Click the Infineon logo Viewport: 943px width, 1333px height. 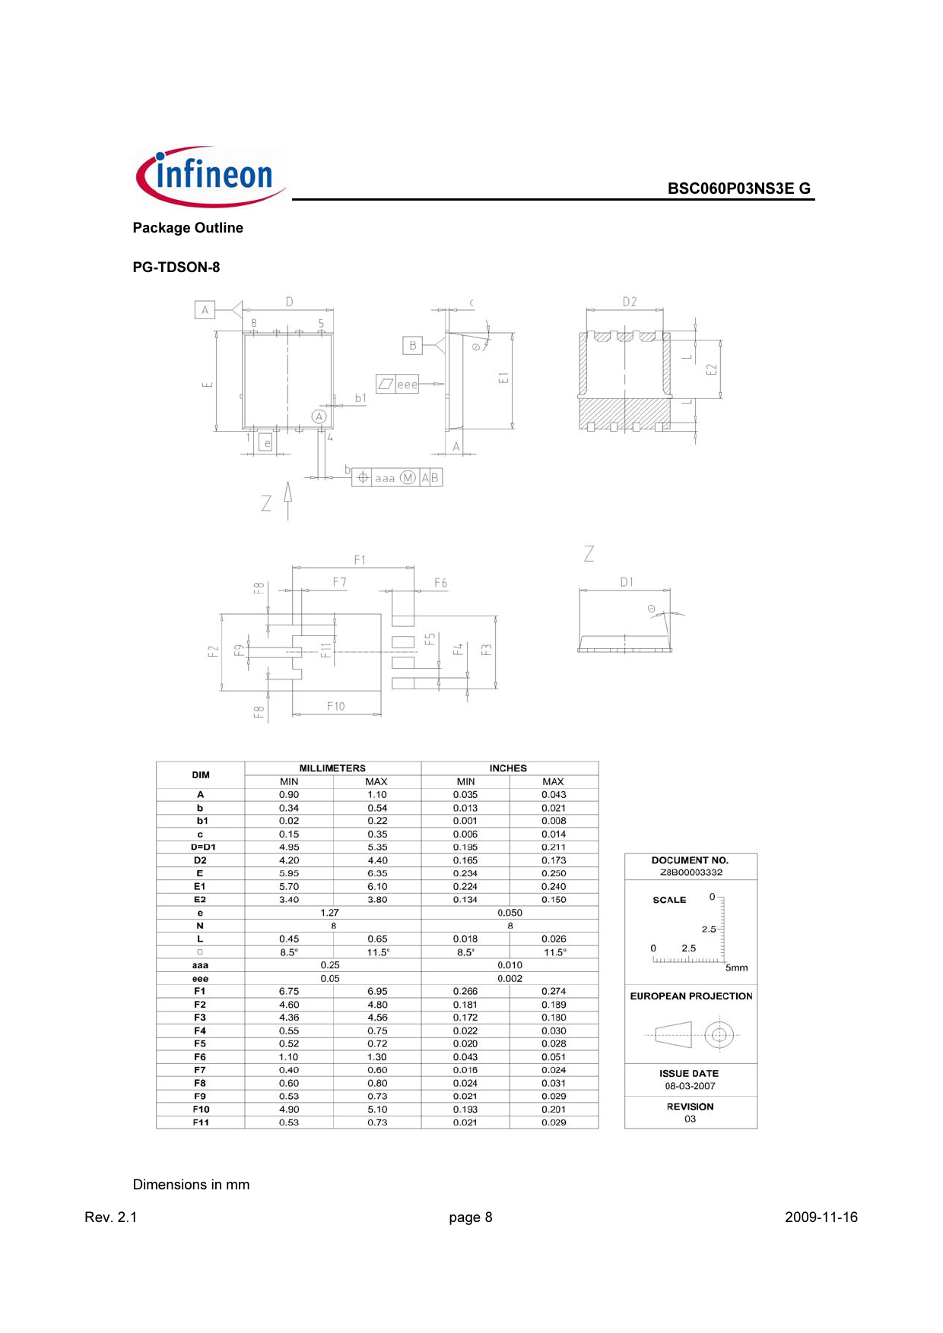[211, 176]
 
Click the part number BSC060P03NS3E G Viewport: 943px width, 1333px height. [738, 188]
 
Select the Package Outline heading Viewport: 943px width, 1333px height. [188, 228]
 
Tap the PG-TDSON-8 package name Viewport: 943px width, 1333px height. [176, 268]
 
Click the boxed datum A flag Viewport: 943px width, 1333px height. [205, 310]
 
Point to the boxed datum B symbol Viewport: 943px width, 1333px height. [412, 346]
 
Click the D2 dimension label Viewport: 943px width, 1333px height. [630, 302]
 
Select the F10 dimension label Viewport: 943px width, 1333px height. [336, 706]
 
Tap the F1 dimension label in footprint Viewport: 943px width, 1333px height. [360, 560]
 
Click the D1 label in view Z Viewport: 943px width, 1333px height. [627, 582]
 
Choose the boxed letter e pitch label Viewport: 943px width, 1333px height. [266, 443]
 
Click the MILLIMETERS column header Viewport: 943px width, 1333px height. [332, 768]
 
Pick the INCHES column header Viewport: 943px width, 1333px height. [508, 768]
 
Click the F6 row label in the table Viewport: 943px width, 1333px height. [200, 1057]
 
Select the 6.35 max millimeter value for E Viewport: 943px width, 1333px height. [377, 873]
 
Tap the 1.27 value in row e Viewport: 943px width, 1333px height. [330, 913]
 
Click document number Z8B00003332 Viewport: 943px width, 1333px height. [691, 872]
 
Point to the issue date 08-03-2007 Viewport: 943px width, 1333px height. [690, 1086]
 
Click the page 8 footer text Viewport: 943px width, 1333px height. [471, 1217]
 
